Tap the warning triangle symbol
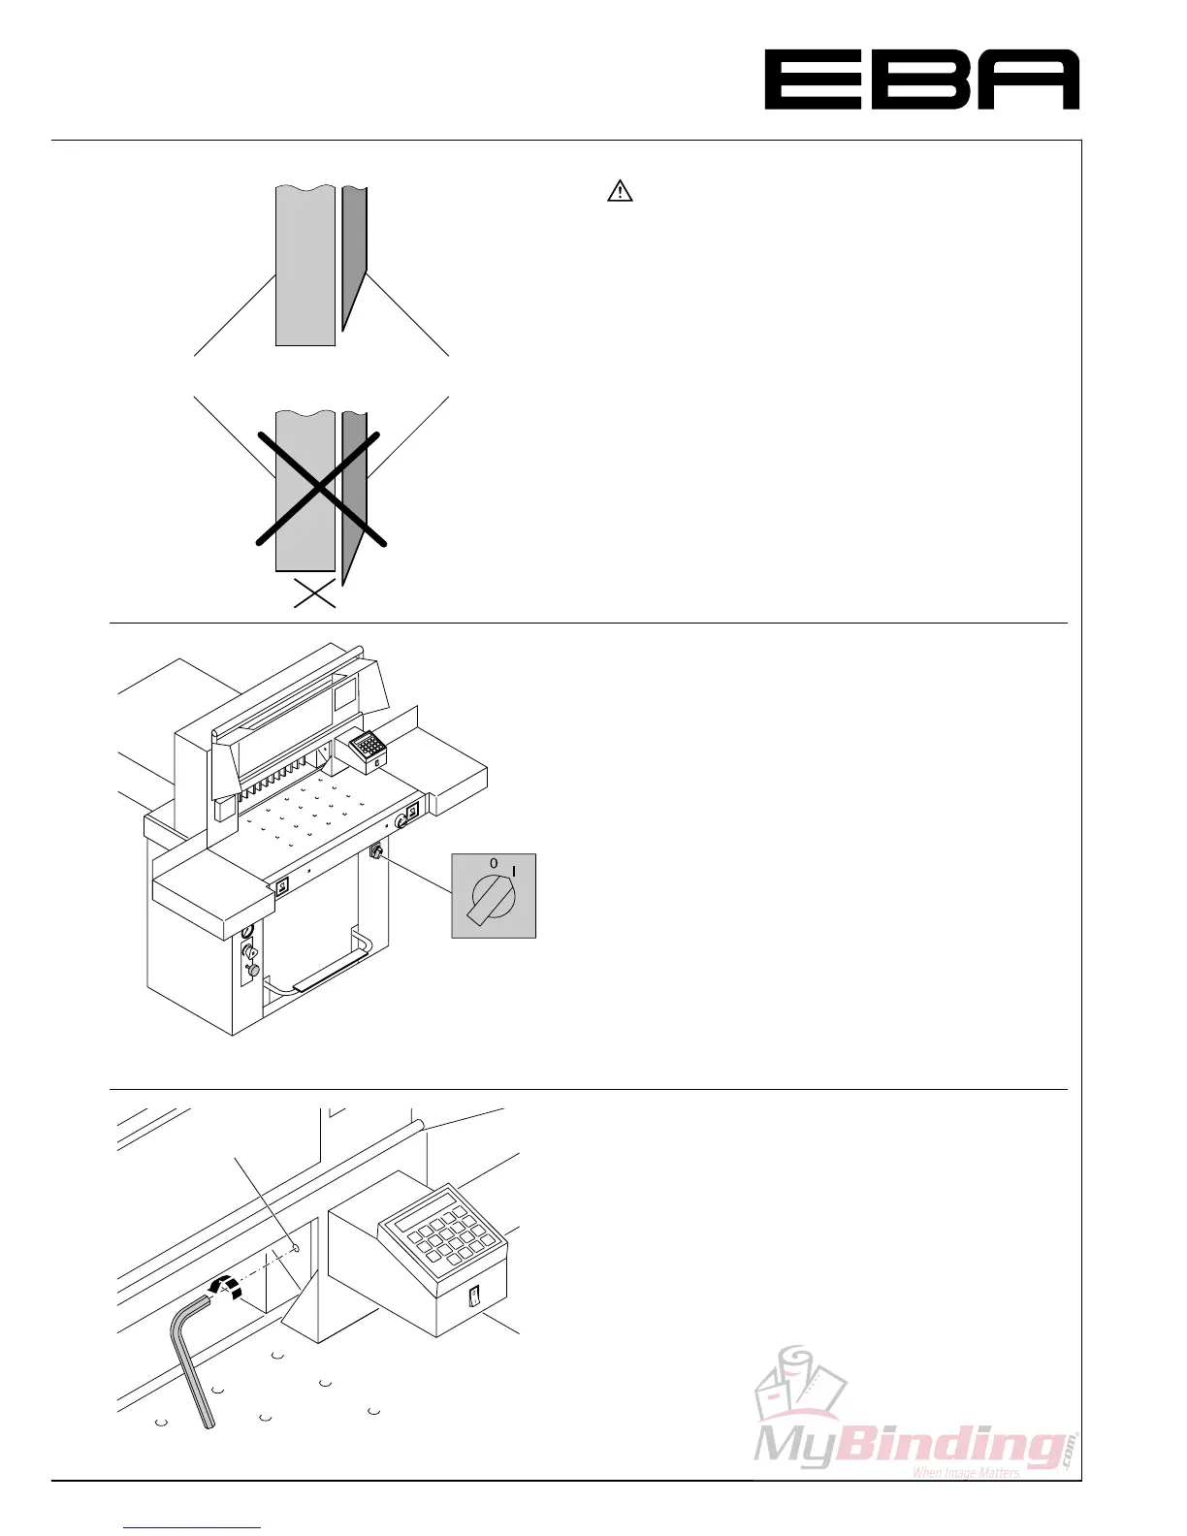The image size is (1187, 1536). tap(620, 192)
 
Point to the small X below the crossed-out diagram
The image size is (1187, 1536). tap(314, 592)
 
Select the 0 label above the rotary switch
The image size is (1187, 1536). tap(493, 862)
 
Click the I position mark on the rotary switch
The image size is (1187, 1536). tap(514, 871)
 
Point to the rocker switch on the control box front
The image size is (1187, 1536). tap(473, 1296)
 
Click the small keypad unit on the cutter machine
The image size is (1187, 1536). tap(367, 748)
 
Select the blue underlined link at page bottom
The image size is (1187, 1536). tap(192, 1527)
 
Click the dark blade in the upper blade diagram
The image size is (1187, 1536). tap(354, 252)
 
